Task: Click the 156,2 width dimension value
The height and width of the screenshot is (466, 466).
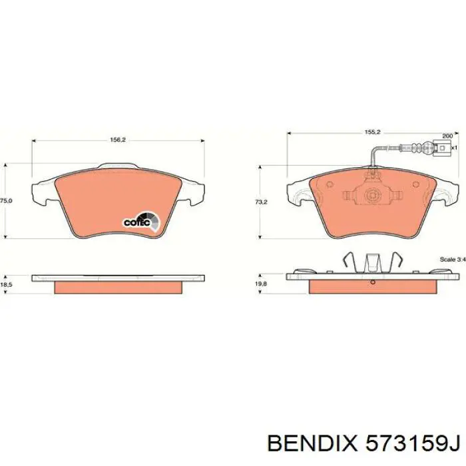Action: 117,140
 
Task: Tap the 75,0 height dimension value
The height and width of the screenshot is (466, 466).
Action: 6,200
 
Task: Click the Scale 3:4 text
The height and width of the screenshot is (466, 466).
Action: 451,258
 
